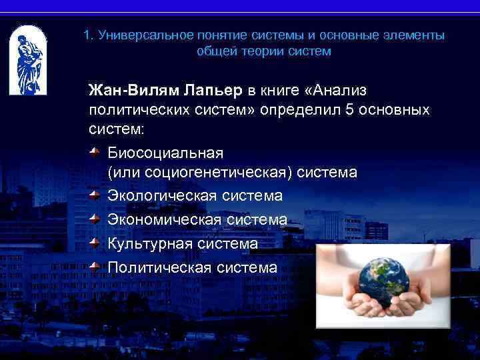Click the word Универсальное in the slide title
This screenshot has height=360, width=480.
point(140,35)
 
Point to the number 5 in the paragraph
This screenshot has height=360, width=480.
point(349,109)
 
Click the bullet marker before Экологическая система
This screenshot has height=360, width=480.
point(96,195)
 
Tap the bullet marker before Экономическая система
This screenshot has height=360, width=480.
point(96,219)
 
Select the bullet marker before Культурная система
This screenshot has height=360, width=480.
point(96,243)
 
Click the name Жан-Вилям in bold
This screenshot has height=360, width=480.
point(127,90)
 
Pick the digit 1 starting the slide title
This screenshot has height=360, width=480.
point(87,35)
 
